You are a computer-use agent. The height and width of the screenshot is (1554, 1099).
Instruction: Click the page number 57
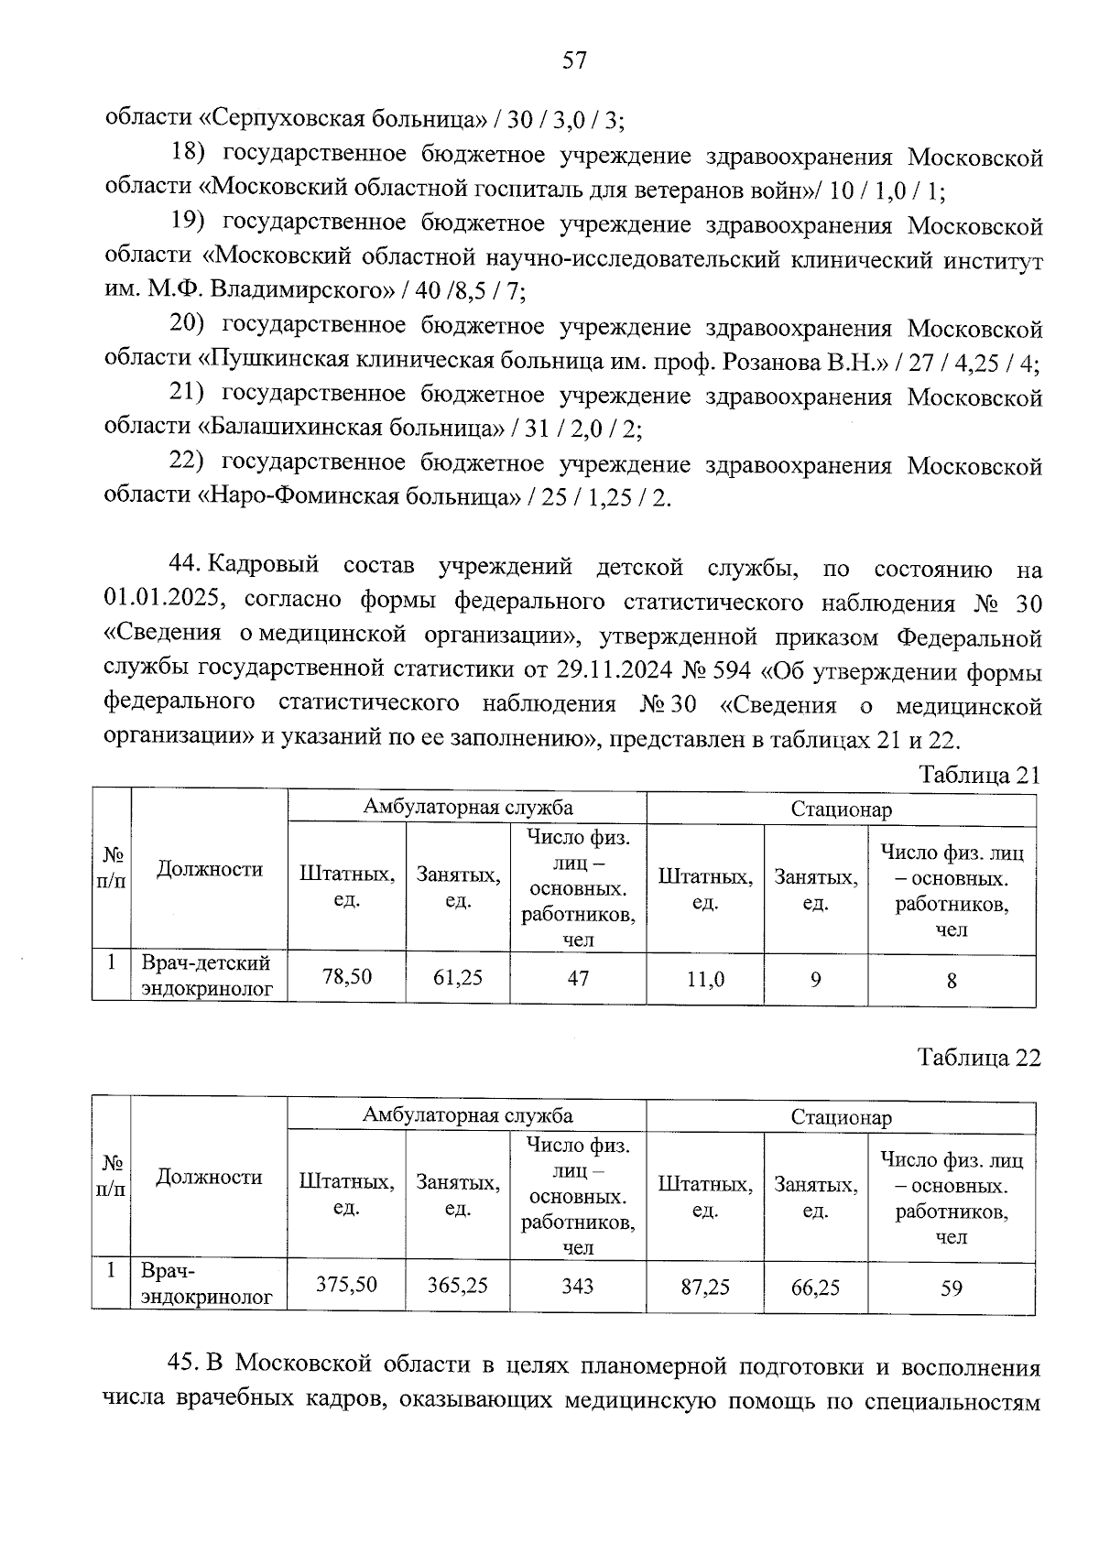(574, 60)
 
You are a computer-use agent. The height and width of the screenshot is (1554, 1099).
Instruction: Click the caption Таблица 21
(979, 775)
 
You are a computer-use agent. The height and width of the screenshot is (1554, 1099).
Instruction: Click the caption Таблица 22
(979, 1058)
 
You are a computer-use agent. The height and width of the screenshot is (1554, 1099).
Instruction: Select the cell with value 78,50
(347, 977)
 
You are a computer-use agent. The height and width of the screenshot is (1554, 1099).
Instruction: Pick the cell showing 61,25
(458, 978)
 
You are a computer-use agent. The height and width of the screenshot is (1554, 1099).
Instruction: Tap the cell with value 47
(578, 978)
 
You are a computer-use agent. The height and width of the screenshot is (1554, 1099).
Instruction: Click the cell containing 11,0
(705, 980)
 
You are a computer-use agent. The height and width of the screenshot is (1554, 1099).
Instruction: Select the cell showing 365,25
(458, 1286)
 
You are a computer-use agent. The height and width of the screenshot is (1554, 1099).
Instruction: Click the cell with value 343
(578, 1287)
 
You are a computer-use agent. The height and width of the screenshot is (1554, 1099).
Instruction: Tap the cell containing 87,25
(705, 1288)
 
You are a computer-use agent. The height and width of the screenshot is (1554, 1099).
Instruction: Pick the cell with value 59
(952, 1288)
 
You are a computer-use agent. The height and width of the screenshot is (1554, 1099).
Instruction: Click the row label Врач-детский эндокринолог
(207, 976)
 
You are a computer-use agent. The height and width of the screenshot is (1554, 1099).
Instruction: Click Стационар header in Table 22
(841, 1117)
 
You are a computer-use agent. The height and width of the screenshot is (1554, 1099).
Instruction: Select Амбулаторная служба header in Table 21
(467, 807)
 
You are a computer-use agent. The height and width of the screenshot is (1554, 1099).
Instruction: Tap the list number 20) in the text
(190, 327)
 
